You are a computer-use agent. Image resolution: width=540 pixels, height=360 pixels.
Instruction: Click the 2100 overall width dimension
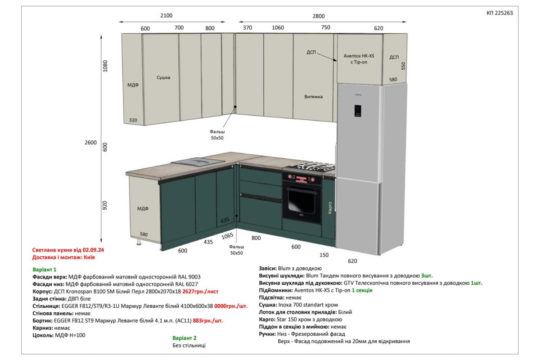click(x=166, y=15)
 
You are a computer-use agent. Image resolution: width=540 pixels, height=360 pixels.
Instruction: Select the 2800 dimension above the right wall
click(x=319, y=16)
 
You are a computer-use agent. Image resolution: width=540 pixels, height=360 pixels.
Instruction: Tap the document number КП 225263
click(x=499, y=13)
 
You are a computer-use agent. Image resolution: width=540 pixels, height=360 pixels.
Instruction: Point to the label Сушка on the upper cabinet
click(x=163, y=77)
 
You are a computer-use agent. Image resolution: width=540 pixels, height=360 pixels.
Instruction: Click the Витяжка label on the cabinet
click(x=313, y=97)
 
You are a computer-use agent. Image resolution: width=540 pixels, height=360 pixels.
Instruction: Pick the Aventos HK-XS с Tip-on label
click(x=359, y=59)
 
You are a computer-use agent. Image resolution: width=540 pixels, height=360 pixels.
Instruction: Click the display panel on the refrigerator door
click(x=358, y=111)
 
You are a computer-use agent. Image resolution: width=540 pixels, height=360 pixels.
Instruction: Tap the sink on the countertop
click(x=198, y=162)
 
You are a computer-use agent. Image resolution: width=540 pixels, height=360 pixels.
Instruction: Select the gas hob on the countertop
click(x=310, y=166)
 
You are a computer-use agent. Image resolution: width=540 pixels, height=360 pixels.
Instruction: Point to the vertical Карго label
click(x=330, y=207)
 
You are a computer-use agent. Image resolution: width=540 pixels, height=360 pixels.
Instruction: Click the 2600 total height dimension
click(x=90, y=143)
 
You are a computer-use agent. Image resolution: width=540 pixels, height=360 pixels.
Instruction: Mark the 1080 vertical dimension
click(x=105, y=66)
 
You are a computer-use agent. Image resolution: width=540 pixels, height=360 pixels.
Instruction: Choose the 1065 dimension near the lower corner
click(x=227, y=236)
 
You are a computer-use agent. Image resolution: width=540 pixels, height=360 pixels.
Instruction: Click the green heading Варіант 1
click(x=45, y=270)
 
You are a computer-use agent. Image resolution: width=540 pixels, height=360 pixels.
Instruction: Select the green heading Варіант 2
click(x=184, y=338)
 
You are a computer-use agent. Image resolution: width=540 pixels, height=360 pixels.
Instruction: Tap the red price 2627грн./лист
click(x=200, y=292)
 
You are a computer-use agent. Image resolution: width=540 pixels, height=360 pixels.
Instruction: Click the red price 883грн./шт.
click(x=208, y=321)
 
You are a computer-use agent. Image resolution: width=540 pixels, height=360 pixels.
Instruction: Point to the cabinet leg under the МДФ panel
click(x=139, y=242)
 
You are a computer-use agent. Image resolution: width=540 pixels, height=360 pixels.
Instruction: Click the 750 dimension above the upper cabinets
click(x=325, y=27)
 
